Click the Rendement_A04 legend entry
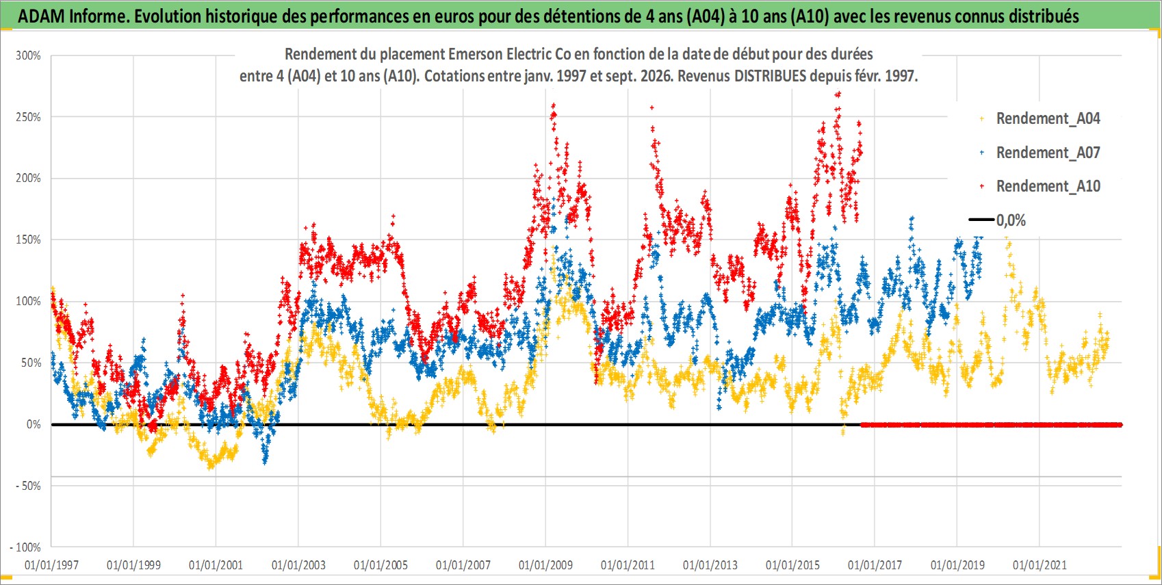click(1040, 119)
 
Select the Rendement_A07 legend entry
click(1040, 153)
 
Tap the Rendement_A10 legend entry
click(1040, 186)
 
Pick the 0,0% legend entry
click(997, 220)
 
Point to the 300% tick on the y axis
click(28, 55)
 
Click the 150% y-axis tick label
click(28, 239)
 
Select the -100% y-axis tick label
click(25, 547)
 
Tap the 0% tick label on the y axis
click(34, 424)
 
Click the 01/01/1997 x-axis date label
click(51, 564)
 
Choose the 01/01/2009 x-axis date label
click(545, 564)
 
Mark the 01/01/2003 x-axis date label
click(298, 564)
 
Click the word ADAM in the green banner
click(41, 16)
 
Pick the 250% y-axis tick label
click(28, 117)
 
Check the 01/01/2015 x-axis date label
click(792, 564)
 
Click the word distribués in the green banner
click(1044, 16)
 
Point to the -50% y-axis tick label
click(28, 486)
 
